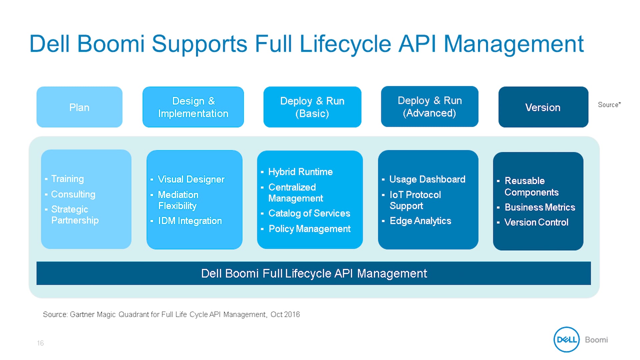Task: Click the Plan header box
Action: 79,107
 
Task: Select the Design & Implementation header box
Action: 193,107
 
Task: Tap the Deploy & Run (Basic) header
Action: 312,107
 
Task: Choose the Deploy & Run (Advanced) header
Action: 430,107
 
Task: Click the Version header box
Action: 543,107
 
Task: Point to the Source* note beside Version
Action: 609,105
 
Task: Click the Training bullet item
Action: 67,179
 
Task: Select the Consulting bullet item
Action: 73,194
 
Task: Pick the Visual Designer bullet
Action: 191,179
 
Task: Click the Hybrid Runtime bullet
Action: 300,172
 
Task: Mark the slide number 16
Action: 40,343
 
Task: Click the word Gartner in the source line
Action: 82,314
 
